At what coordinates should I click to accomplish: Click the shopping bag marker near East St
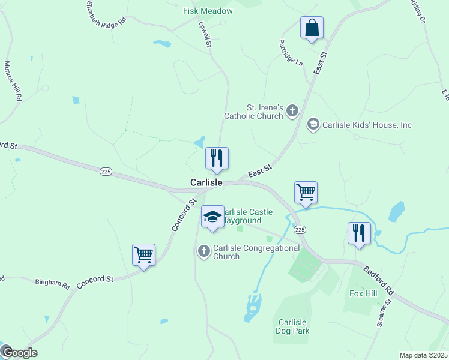tap(312, 28)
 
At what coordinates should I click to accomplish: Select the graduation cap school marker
tap(212, 217)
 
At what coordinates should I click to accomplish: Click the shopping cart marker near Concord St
tap(143, 255)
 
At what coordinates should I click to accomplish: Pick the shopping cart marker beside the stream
tap(306, 193)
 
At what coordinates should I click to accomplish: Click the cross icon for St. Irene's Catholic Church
tap(292, 110)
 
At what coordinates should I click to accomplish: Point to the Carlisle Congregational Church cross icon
tap(204, 251)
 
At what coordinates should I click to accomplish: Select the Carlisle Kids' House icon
tap(313, 125)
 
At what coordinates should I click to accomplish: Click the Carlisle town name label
tap(206, 182)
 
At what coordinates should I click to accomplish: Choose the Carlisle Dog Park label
tap(292, 326)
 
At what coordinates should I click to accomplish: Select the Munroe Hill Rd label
tap(13, 81)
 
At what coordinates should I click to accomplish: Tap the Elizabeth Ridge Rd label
tap(106, 13)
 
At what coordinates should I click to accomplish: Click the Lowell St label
tap(206, 36)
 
